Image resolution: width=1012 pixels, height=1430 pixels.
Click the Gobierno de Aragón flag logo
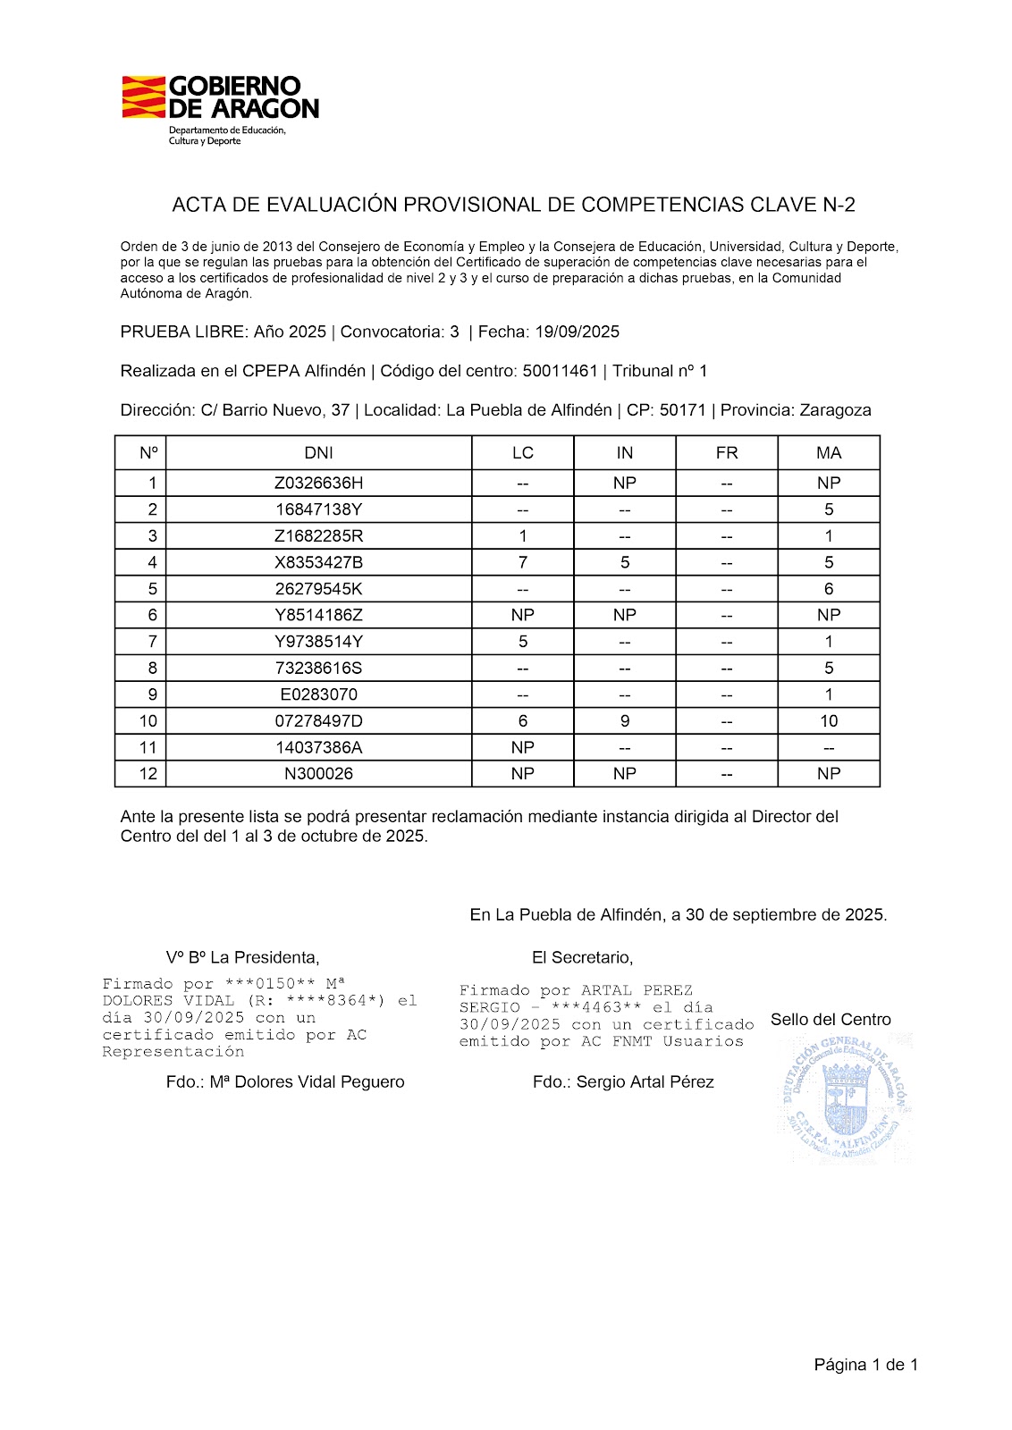(x=144, y=97)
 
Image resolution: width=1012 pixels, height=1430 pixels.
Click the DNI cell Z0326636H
(x=319, y=484)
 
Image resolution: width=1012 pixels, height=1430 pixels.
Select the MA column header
(x=829, y=453)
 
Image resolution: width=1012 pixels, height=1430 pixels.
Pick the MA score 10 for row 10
(x=829, y=721)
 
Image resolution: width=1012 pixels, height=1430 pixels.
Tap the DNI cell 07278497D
(x=319, y=721)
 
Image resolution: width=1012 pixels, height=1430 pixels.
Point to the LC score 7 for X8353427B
(x=523, y=562)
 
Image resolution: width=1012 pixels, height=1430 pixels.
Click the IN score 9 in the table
(x=625, y=721)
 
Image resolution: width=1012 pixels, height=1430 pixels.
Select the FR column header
(x=727, y=453)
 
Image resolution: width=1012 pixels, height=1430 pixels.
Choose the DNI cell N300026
(x=319, y=774)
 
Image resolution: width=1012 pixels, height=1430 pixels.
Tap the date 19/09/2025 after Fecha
(x=578, y=332)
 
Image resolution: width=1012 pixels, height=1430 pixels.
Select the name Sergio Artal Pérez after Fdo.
(x=645, y=1082)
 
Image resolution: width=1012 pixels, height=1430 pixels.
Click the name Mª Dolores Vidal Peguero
(x=307, y=1082)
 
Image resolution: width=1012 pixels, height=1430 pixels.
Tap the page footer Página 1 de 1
(x=865, y=1365)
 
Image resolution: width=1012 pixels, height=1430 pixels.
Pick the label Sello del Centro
(x=831, y=1020)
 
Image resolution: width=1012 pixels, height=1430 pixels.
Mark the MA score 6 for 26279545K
(x=829, y=589)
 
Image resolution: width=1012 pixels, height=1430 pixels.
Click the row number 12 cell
(x=148, y=774)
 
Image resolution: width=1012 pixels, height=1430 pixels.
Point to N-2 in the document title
(x=839, y=206)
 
